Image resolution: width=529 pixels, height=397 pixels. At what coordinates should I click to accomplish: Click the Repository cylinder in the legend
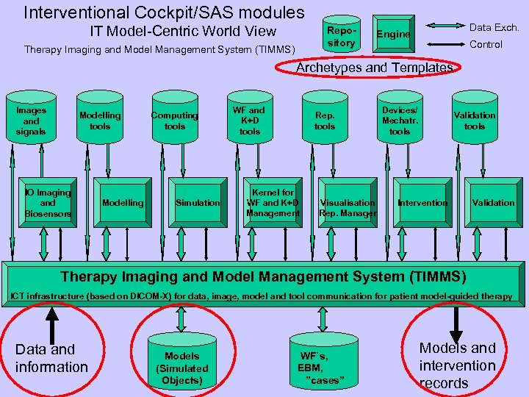coord(341,35)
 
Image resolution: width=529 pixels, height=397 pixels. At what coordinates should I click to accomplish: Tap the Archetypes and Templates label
coord(374,68)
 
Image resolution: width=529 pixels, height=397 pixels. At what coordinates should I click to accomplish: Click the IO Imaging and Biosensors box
coord(48,203)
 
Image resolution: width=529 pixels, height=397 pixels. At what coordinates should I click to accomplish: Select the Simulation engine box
coord(197,203)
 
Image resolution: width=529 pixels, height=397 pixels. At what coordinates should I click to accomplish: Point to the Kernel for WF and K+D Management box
coord(273,203)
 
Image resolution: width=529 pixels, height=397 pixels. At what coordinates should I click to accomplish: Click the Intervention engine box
coord(422,203)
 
